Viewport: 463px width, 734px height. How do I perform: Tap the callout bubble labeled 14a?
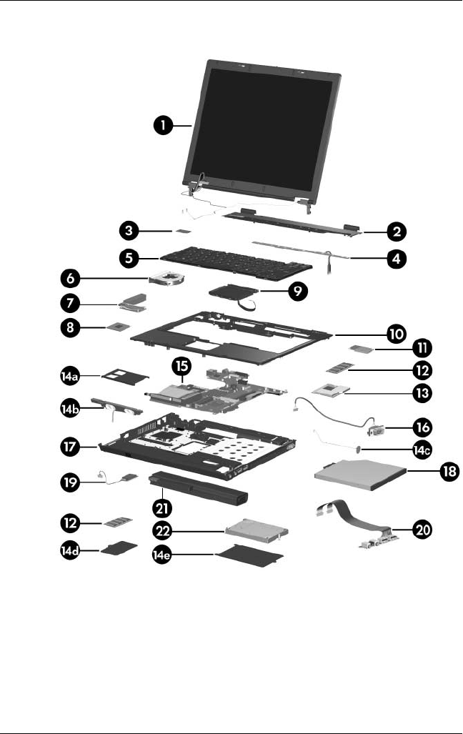point(72,374)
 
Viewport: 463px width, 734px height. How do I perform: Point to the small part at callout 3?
point(185,231)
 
